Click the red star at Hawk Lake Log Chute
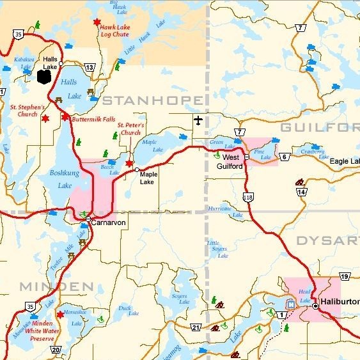(x=97, y=22)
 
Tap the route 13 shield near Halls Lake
(x=90, y=67)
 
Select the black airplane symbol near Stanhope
(x=198, y=120)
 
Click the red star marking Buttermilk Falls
(x=65, y=117)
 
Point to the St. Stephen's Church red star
(x=45, y=118)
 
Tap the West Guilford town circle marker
(x=246, y=155)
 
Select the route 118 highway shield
(x=249, y=198)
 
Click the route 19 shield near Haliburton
(x=345, y=276)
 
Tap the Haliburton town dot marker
(x=315, y=306)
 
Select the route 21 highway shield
(x=196, y=328)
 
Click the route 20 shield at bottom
(x=56, y=349)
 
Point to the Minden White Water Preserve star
(x=60, y=314)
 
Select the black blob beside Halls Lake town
(x=44, y=77)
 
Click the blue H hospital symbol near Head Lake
(x=292, y=304)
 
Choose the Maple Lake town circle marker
(x=137, y=169)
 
